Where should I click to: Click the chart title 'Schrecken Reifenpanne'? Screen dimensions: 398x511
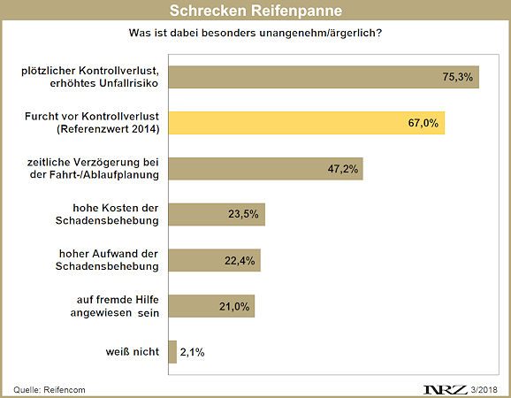[x=255, y=11]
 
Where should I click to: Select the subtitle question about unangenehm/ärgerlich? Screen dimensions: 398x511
[x=255, y=34]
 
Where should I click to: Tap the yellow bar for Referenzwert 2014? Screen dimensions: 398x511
[x=306, y=123]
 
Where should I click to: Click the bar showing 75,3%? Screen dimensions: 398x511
[x=323, y=77]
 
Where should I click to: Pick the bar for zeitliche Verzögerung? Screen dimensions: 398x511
[x=265, y=169]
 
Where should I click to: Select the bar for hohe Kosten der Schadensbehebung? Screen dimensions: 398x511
[x=217, y=214]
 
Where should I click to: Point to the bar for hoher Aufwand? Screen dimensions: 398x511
[x=214, y=260]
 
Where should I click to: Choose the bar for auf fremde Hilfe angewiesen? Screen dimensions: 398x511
[x=211, y=306]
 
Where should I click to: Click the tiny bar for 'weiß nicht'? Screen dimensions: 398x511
[x=172, y=352]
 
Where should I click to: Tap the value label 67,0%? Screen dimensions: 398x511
[x=423, y=123]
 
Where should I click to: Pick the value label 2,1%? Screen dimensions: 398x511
[x=194, y=352]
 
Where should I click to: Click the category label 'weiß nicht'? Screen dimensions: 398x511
[x=132, y=352]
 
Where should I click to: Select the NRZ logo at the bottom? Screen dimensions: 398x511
[x=445, y=388]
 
